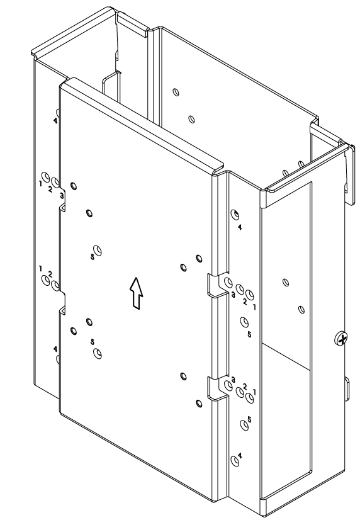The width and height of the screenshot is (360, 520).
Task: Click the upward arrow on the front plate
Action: click(x=136, y=293)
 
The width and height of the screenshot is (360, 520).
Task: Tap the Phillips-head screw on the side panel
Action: click(x=341, y=339)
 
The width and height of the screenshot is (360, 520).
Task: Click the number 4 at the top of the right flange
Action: click(x=240, y=227)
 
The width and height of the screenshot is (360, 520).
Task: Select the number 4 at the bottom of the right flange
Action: click(x=240, y=456)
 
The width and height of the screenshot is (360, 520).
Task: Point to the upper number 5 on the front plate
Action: click(x=93, y=257)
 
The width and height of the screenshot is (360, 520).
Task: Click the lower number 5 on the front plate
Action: click(x=93, y=342)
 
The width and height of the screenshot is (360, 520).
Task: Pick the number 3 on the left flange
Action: click(x=62, y=196)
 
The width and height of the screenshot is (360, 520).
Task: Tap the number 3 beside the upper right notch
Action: click(x=233, y=294)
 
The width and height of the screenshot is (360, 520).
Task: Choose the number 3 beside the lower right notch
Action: click(x=233, y=379)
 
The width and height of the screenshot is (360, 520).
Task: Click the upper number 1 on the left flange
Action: click(x=40, y=183)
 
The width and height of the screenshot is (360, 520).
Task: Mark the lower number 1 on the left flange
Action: click(x=40, y=268)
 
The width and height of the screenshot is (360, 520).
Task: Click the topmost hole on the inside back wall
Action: click(x=176, y=92)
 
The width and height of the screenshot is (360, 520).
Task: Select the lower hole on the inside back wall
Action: click(x=191, y=119)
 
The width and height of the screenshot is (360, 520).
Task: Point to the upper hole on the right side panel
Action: click(x=285, y=283)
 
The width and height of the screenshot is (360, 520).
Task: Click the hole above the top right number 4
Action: click(x=235, y=215)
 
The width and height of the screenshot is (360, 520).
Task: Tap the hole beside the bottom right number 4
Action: click(x=235, y=461)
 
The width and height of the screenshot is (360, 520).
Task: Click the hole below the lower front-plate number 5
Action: click(x=98, y=354)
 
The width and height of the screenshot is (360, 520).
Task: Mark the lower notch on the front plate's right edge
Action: click(x=217, y=387)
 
